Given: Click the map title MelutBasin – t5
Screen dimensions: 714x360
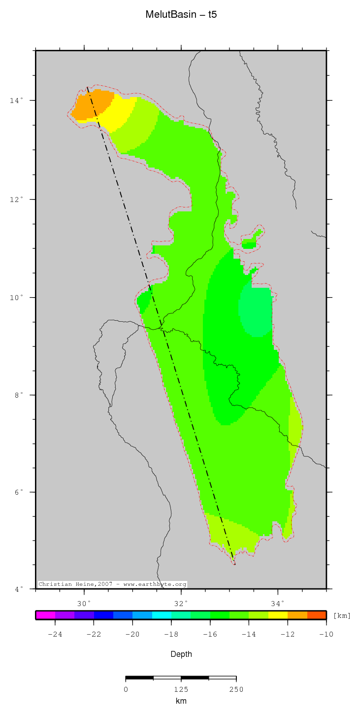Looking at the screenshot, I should tap(181, 15).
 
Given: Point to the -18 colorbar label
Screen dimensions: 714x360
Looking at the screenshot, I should tap(171, 634).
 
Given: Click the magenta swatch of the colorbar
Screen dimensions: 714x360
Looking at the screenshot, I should tap(45, 615).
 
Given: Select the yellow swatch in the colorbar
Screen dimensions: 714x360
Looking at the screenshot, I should tap(278, 615).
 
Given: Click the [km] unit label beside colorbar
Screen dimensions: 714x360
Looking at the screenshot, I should tap(342, 615).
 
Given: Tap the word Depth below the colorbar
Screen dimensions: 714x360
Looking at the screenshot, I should tap(181, 654).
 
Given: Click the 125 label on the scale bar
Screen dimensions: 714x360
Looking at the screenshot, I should tap(181, 689).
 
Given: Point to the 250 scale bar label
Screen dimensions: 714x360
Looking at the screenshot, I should tap(236, 689).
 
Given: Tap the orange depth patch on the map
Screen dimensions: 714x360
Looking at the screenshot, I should tap(91, 106).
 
